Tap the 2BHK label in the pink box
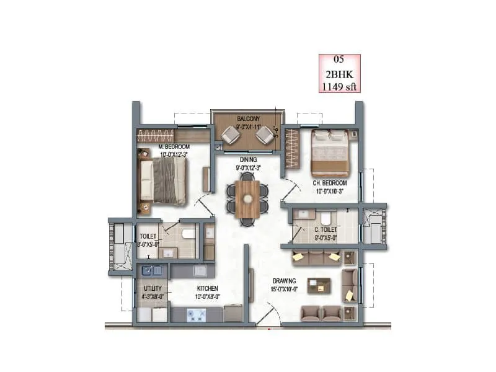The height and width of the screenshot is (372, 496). [x=339, y=73]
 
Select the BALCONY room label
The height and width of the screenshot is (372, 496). [x=248, y=118]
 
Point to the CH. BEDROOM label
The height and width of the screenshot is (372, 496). [x=329, y=184]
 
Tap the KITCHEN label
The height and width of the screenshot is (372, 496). [x=207, y=288]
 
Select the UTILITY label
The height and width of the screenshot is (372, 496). [x=153, y=288]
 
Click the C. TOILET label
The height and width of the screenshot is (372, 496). [x=325, y=229]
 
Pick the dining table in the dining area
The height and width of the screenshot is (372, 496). [x=248, y=198]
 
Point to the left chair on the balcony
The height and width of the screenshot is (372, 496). [x=231, y=135]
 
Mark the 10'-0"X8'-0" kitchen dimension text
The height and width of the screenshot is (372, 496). [x=207, y=296]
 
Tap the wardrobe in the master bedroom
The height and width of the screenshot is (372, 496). [x=156, y=136]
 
